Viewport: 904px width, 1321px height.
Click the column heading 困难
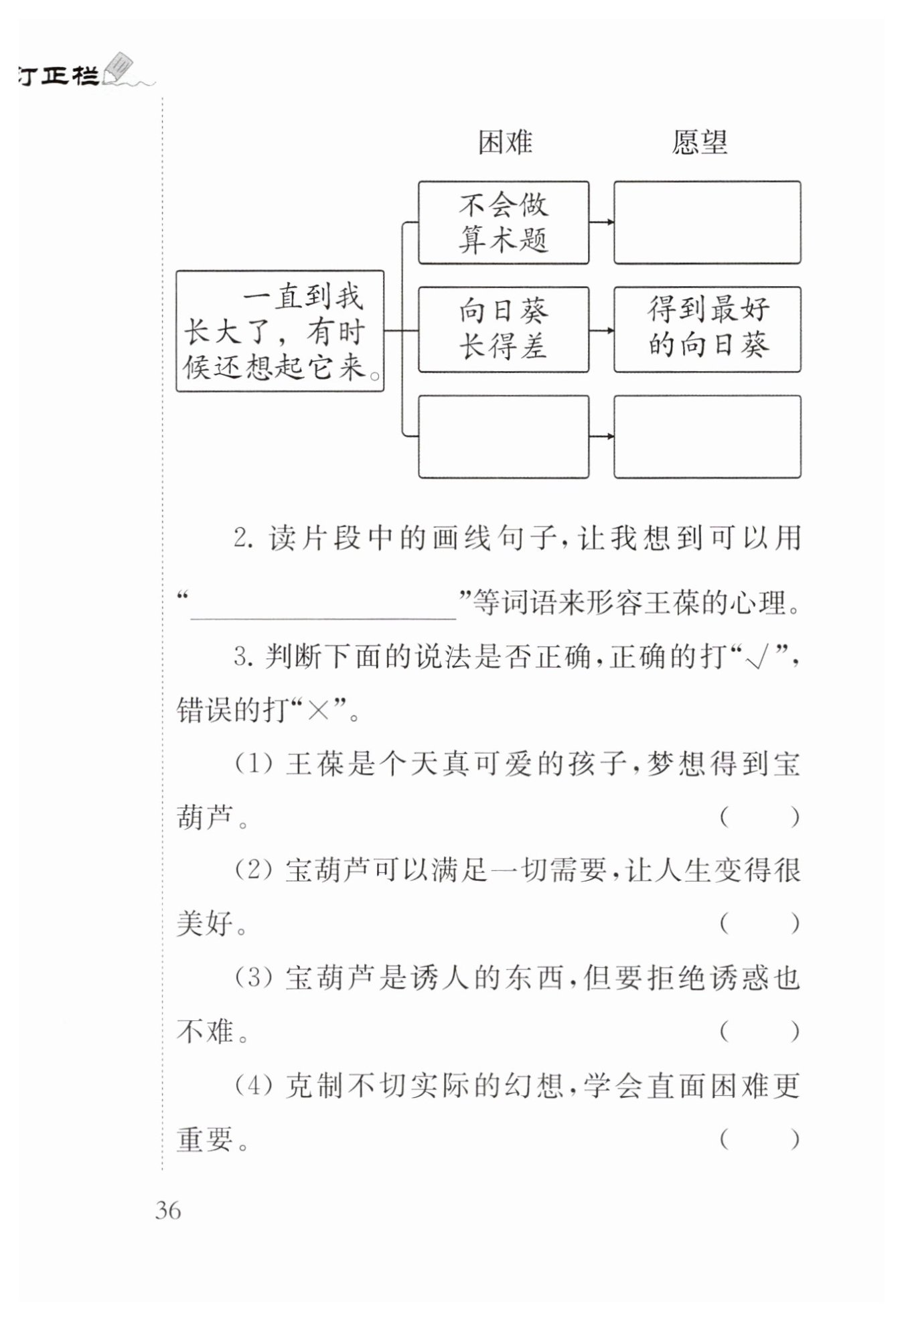(x=505, y=142)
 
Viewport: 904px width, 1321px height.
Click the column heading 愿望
(x=699, y=142)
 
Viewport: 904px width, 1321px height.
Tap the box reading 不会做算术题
(x=504, y=222)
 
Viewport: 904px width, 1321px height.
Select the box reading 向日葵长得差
(x=504, y=330)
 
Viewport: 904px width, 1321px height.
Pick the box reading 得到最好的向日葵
(x=707, y=330)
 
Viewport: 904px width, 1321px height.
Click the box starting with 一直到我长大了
(x=280, y=331)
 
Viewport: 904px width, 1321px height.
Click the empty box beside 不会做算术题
(x=707, y=222)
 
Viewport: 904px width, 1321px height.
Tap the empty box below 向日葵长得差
(x=504, y=437)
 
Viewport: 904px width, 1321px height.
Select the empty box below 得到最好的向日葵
(x=707, y=437)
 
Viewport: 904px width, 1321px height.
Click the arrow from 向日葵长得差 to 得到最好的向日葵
(x=601, y=330)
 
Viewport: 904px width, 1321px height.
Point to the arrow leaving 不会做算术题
(x=601, y=222)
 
